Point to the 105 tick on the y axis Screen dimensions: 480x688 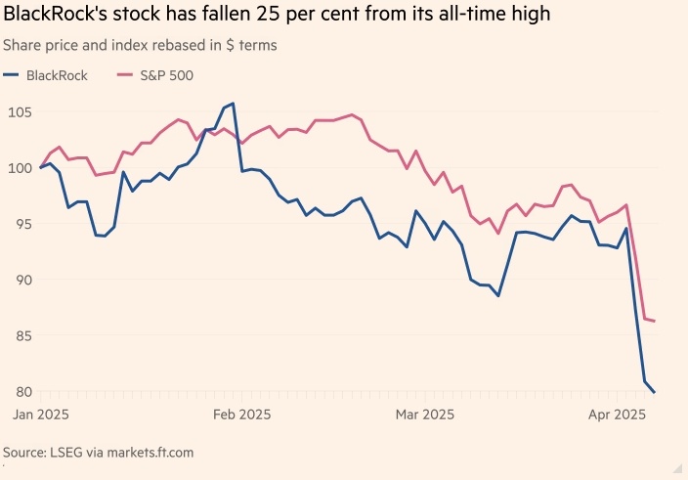[x=18, y=112]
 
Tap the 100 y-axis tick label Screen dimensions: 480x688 [x=18, y=168]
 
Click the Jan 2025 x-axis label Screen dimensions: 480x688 [x=38, y=415]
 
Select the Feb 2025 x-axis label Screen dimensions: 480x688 [x=241, y=415]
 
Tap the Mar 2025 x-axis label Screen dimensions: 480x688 [x=425, y=415]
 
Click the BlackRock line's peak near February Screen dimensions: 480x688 [x=233, y=103]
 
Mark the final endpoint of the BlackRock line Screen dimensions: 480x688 [x=655, y=392]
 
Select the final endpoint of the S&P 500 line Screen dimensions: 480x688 [x=655, y=321]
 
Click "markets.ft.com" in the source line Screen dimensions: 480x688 [x=143, y=453]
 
